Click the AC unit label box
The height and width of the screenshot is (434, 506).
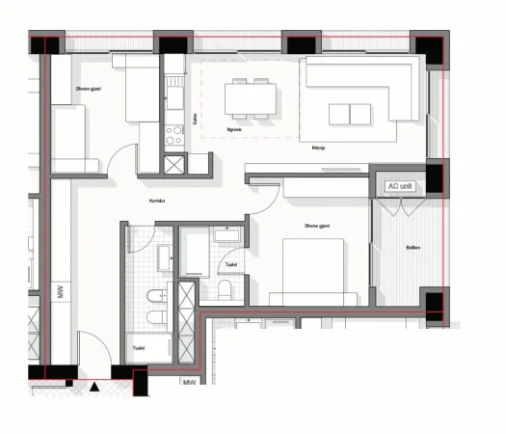click(399, 186)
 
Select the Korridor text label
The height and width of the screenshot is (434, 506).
click(158, 201)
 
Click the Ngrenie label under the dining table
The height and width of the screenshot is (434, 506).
click(234, 128)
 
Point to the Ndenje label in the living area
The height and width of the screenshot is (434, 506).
click(318, 149)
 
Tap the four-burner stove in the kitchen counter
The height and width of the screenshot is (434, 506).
click(174, 135)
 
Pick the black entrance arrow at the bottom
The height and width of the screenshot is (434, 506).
click(95, 387)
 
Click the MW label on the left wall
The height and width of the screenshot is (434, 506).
click(60, 292)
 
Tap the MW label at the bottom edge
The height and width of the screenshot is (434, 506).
click(189, 383)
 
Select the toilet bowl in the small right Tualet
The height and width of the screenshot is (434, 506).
click(225, 290)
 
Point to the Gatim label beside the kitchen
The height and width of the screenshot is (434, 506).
click(196, 120)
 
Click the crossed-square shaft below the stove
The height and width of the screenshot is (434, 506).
click(174, 163)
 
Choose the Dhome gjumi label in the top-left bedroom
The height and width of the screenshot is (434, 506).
click(89, 90)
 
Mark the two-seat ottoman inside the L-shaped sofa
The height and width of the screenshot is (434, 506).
click(348, 114)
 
